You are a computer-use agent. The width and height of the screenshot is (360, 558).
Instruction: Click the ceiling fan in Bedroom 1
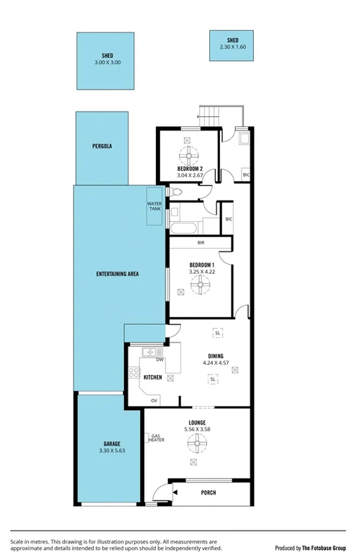click(198, 285)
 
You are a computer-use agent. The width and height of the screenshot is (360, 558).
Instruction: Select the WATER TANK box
click(155, 207)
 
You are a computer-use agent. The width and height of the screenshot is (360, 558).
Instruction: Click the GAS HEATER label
click(157, 438)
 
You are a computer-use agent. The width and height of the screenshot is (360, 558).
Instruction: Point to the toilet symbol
click(176, 192)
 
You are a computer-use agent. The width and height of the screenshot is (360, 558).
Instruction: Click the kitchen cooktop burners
click(133, 373)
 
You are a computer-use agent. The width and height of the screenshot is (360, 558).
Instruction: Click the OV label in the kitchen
click(154, 400)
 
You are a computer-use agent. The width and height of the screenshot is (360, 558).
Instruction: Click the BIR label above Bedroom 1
click(191, 243)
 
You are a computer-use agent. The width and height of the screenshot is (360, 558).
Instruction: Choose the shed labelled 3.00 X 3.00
click(107, 59)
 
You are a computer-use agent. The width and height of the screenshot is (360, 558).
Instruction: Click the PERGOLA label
click(102, 146)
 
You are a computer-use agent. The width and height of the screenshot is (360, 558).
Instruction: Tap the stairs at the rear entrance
click(209, 116)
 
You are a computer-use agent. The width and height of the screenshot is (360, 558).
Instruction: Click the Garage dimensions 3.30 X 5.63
click(112, 451)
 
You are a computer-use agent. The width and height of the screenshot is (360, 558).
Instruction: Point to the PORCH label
click(208, 492)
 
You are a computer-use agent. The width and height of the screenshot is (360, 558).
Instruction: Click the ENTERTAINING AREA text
click(117, 275)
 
